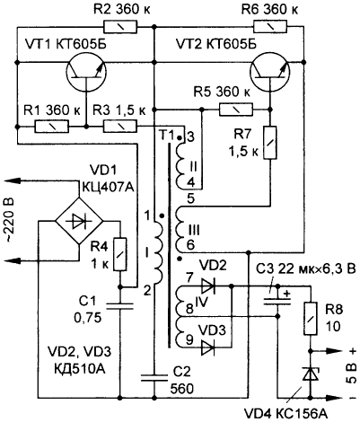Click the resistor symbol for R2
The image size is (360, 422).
click(120, 27)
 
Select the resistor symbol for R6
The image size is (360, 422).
click(270, 27)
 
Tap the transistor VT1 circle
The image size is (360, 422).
click(86, 73)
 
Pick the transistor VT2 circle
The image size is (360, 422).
click(269, 73)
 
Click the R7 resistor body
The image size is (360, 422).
click(270, 143)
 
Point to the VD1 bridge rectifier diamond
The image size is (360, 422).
click(79, 222)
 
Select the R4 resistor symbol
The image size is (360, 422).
click(120, 254)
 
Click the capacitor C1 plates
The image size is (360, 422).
click(120, 305)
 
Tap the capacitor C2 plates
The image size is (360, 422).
click(154, 378)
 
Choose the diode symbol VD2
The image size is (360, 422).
click(208, 286)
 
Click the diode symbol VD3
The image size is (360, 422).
click(208, 347)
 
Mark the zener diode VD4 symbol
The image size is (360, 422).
click(311, 374)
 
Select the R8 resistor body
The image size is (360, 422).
click(311, 319)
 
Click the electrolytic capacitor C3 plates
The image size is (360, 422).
click(277, 301)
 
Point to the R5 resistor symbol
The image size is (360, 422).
click(236, 110)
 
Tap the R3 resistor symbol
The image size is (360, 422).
click(120, 127)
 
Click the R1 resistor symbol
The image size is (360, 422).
click(52, 127)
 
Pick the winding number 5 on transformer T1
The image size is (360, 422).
click(190, 198)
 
